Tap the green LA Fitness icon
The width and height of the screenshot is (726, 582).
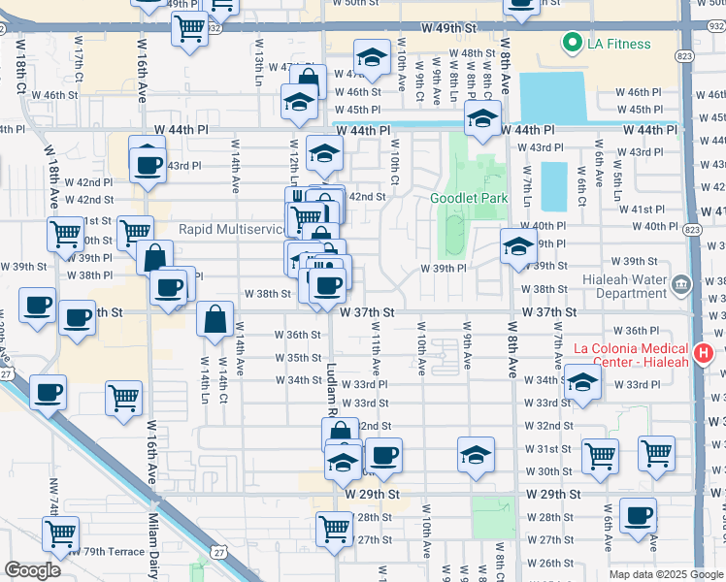570,43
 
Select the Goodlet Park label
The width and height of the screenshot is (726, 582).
469,198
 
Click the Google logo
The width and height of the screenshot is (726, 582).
31,569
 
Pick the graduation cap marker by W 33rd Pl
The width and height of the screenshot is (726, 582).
581,382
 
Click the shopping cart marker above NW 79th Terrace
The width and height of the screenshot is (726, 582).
60,532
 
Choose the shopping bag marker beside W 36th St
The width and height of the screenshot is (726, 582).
214,319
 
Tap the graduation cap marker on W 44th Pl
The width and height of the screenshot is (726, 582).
480,120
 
